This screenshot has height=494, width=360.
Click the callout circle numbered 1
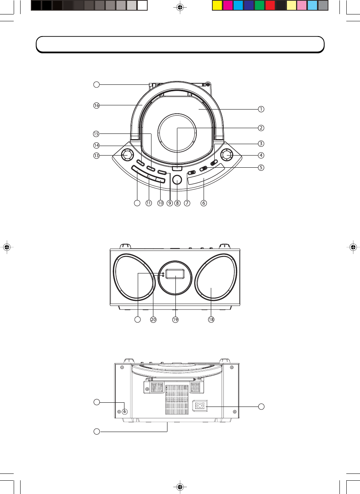[x=261, y=109]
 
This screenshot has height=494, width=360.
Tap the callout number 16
[x=96, y=105]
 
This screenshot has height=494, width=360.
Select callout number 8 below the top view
[x=177, y=203]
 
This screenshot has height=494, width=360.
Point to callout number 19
[x=175, y=319]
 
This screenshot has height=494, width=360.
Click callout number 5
[x=261, y=168]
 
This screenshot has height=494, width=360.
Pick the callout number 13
[x=96, y=156]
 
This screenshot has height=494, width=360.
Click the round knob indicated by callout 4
[x=227, y=155]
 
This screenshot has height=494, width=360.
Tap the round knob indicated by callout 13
[x=127, y=155]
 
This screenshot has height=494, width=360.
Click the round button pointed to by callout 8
[x=177, y=180]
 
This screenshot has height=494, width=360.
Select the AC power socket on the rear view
[x=200, y=405]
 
